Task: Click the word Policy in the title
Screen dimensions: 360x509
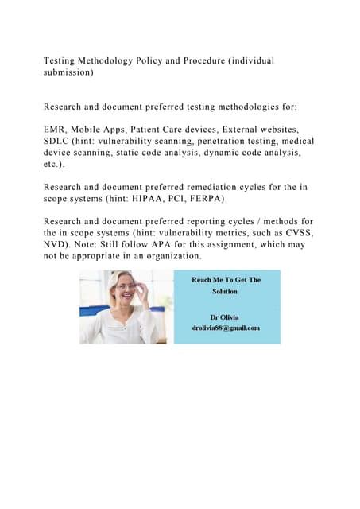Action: click(x=137, y=60)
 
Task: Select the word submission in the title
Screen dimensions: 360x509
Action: click(x=68, y=72)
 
